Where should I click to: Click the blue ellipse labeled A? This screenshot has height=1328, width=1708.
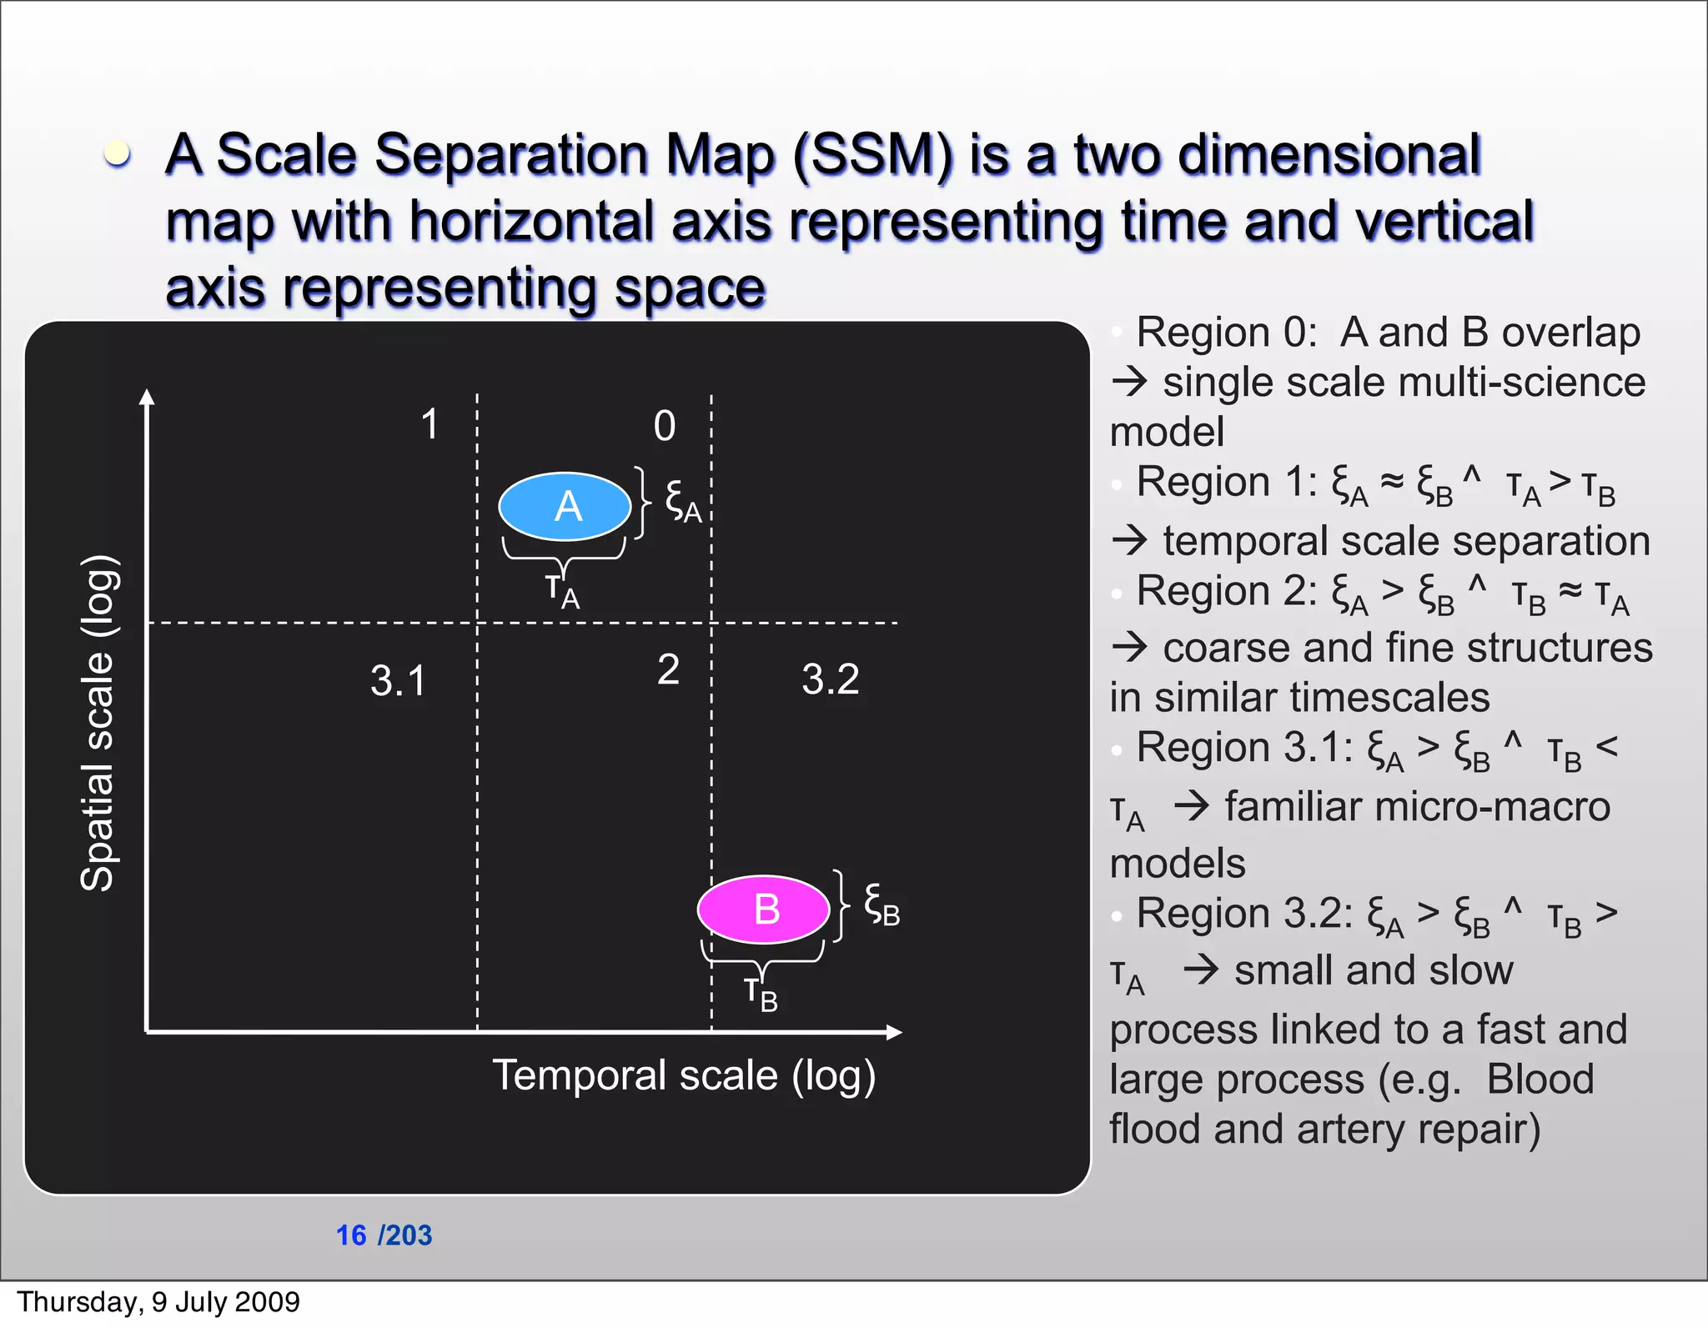point(565,506)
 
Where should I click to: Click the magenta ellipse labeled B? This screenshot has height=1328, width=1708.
point(763,909)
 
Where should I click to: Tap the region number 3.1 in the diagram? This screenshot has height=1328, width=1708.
point(398,680)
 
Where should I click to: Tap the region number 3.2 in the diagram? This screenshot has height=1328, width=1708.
point(830,679)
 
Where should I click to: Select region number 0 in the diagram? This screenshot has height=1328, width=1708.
point(665,426)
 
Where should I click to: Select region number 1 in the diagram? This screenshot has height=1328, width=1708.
point(430,424)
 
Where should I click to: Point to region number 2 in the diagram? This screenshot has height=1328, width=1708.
point(668,669)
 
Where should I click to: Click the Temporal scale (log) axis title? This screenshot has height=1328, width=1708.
point(684,1075)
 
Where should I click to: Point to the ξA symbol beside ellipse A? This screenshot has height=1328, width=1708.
point(682,502)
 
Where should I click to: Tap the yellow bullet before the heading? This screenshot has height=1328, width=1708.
point(118,153)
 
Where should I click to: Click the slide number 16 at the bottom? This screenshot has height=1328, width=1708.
point(351,1235)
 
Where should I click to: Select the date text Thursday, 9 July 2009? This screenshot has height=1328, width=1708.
point(158,1301)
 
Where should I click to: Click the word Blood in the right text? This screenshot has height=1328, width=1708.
point(1540,1079)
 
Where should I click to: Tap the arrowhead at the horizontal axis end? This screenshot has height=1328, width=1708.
point(894,1032)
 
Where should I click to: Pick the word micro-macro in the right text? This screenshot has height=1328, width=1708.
point(1417,806)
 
